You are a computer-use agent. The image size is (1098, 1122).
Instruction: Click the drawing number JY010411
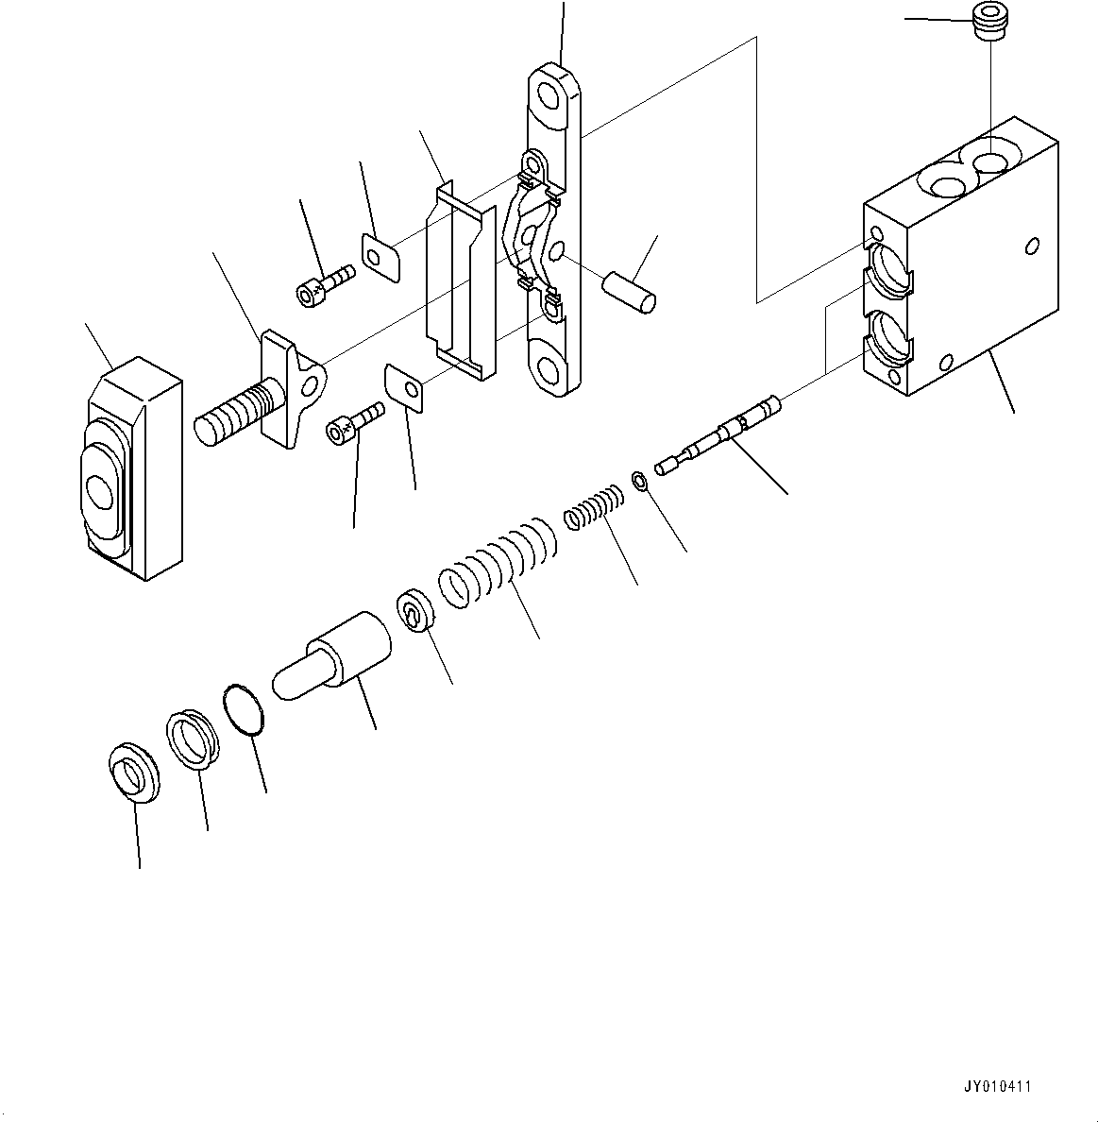pos(997,1086)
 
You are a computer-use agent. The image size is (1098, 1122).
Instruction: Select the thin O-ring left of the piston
pos(245,709)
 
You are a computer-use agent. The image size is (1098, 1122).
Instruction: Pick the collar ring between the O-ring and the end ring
pos(193,739)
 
